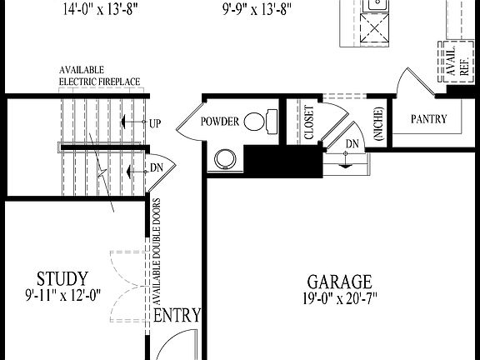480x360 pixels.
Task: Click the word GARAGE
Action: coord(339,282)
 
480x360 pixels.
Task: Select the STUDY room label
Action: coord(62,277)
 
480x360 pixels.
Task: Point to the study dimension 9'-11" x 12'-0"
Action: coord(62,294)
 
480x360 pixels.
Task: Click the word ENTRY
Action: coord(177,315)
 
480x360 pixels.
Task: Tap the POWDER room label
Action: coord(219,122)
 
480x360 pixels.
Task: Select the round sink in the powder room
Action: coord(224,158)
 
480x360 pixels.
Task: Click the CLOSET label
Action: coord(308,122)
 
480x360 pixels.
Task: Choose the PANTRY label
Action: coord(429,119)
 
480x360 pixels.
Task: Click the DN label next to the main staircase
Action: coord(157,168)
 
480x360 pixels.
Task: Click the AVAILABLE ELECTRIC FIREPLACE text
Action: coord(99,76)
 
